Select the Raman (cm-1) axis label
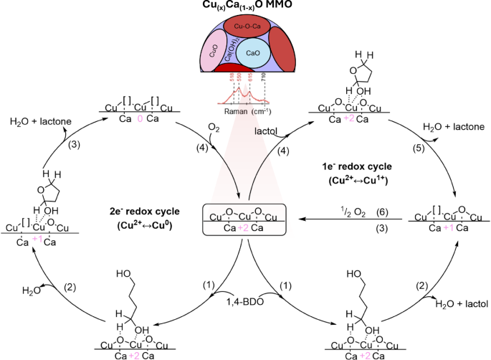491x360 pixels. tap(244, 112)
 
